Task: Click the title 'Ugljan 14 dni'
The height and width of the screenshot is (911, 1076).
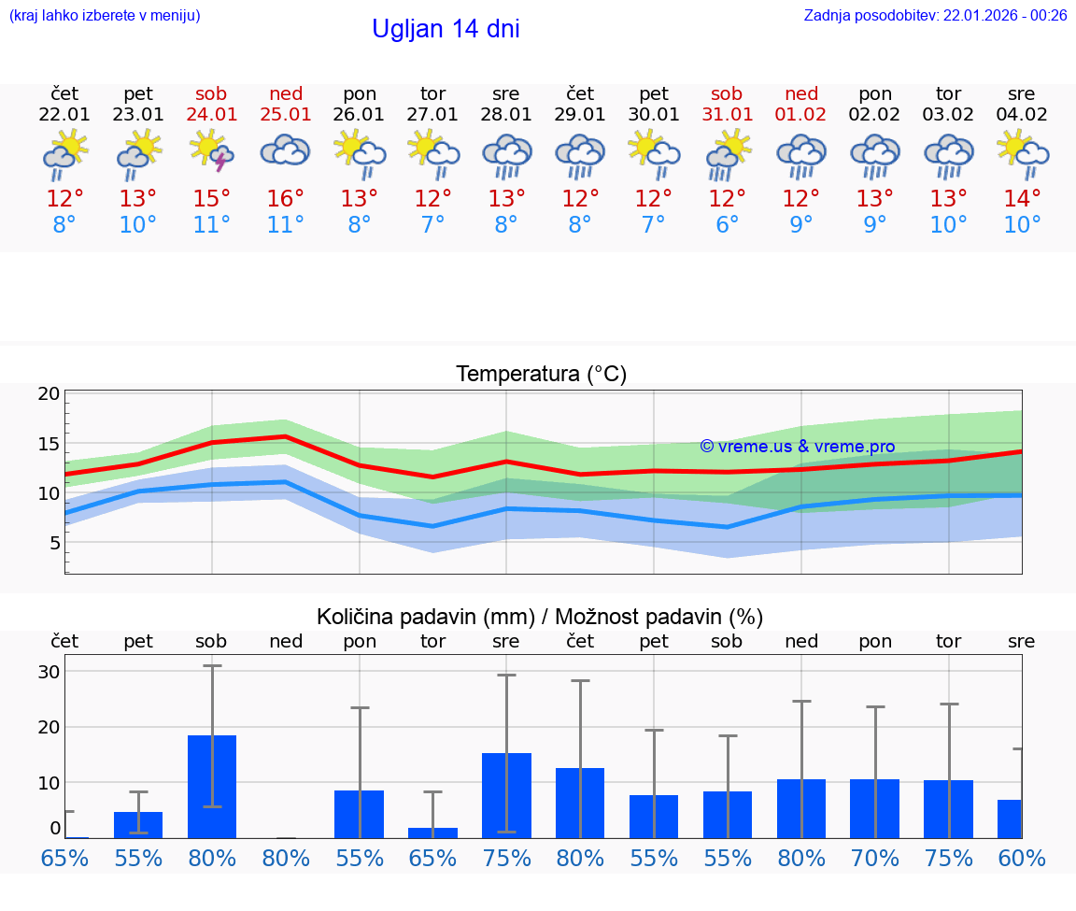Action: click(x=446, y=29)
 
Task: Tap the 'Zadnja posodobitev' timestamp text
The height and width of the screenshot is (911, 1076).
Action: click(x=935, y=15)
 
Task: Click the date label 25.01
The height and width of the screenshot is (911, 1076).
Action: click(x=286, y=115)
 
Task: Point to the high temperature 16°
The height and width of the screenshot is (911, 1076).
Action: click(x=286, y=199)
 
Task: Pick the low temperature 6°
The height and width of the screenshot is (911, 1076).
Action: click(x=727, y=225)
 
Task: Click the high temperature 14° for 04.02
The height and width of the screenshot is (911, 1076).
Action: click(x=1022, y=199)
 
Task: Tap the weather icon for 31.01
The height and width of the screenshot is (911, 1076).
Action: click(x=727, y=153)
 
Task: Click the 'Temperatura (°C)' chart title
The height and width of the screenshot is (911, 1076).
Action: click(x=541, y=375)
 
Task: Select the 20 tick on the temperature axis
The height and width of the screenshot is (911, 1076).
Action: click(x=49, y=393)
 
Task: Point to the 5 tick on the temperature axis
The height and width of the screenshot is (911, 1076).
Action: click(x=54, y=543)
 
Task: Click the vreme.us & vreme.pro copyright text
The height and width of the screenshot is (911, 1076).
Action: click(x=797, y=447)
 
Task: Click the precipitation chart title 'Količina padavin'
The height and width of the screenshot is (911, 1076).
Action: click(x=540, y=617)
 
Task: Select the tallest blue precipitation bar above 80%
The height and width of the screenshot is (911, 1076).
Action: click(x=212, y=787)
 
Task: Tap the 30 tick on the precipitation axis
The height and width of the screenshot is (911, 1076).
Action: click(x=49, y=672)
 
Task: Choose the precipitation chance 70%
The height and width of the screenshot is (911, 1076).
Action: click(x=875, y=858)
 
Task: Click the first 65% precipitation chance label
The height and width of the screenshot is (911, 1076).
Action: click(x=64, y=858)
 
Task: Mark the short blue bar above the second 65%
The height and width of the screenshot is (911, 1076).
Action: click(x=432, y=833)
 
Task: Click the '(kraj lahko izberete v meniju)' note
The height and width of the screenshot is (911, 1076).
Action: click(x=105, y=15)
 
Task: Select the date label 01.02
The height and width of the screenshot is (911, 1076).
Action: click(x=800, y=115)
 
